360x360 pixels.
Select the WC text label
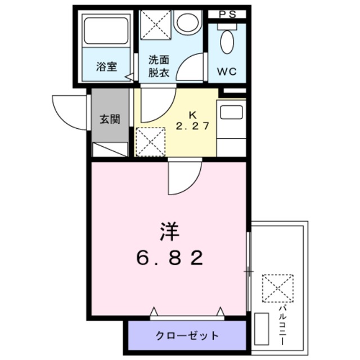pyautogui.click(x=227, y=72)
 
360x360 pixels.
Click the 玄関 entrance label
pyautogui.click(x=110, y=119)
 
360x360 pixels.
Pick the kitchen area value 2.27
pyautogui.click(x=193, y=125)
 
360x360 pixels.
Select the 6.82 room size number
pyautogui.click(x=169, y=258)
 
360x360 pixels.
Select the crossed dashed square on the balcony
pyautogui.click(x=277, y=289)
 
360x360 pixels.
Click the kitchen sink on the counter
pyautogui.click(x=231, y=112)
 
